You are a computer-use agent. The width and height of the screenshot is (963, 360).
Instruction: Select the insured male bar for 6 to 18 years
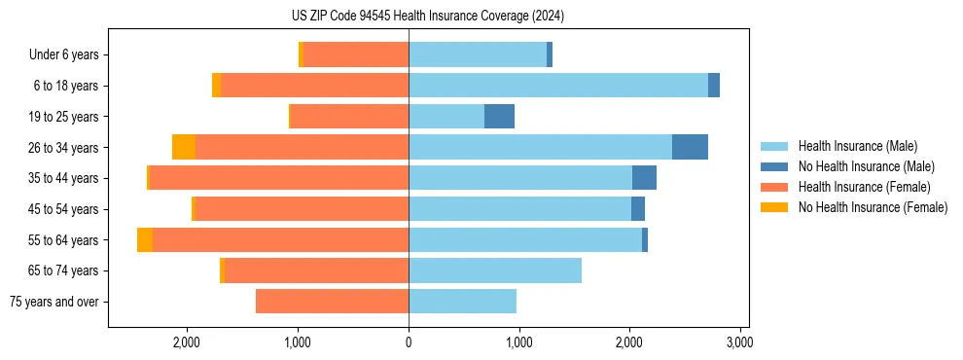point(557,86)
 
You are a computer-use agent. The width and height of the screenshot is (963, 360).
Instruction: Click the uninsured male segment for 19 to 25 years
point(499,117)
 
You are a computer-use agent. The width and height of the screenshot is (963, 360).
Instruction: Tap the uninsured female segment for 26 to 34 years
point(184,147)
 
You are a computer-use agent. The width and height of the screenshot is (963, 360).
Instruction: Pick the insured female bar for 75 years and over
point(332,302)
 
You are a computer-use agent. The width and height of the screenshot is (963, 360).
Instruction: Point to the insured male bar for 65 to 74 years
point(494,270)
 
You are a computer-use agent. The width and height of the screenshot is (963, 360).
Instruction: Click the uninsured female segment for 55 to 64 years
point(145,240)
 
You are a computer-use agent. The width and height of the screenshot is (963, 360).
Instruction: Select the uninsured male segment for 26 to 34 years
point(690,147)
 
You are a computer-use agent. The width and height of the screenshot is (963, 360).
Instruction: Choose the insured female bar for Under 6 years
point(355,54)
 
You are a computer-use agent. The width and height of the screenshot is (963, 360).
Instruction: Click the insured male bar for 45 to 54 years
point(519,209)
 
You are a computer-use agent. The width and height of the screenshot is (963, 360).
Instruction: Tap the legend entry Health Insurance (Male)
point(857,146)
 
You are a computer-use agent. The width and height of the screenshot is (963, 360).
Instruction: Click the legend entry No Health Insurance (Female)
point(873,207)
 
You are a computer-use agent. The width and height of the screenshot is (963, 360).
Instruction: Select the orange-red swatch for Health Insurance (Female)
point(774,187)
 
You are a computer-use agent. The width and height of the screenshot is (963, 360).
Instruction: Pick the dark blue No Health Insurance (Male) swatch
point(774,166)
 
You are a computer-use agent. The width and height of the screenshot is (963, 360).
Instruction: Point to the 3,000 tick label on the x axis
point(740,342)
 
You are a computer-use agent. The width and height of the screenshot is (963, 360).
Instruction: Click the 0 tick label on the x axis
point(409,342)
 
